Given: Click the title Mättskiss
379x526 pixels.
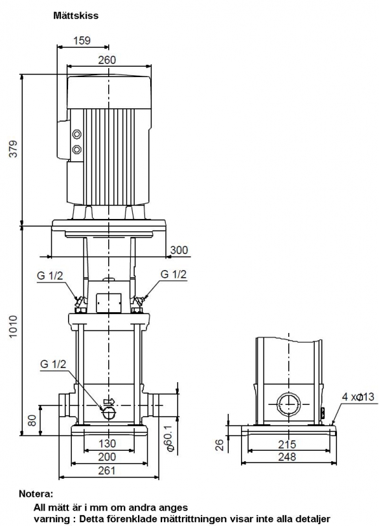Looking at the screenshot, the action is (76, 16).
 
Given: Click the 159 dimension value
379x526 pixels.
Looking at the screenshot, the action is (82, 41).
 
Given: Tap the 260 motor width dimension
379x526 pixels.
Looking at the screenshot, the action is (107, 60).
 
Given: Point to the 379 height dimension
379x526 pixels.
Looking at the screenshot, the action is (13, 149).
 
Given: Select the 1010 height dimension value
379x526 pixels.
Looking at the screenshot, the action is (13, 326).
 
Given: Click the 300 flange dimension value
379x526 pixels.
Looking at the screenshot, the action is (179, 250).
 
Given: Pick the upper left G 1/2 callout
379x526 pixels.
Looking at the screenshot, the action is (50, 276).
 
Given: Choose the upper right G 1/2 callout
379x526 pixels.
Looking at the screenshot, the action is (174, 274).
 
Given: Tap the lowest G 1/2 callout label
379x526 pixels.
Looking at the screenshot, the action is (53, 364).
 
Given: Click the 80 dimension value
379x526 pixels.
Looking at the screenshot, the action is (32, 420).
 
